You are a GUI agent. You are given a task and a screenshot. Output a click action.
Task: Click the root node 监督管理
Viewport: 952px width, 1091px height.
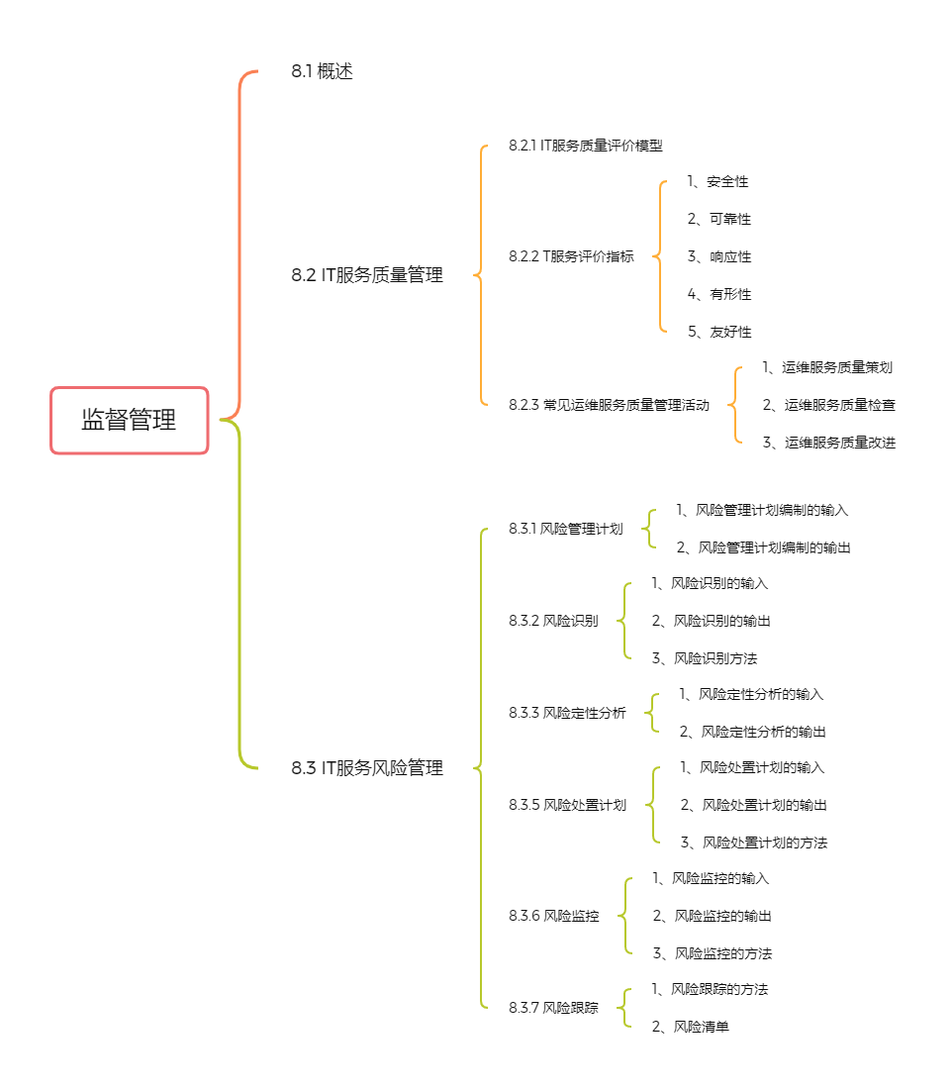tap(130, 420)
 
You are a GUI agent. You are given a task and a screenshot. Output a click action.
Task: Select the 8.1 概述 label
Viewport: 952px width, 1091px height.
tap(322, 71)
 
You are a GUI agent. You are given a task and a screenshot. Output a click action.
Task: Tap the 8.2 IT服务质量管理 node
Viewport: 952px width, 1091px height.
tap(367, 275)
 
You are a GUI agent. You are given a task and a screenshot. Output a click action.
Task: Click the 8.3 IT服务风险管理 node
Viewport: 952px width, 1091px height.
tap(367, 767)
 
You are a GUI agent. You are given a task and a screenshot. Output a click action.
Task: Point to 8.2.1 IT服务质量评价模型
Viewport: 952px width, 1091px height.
tap(586, 146)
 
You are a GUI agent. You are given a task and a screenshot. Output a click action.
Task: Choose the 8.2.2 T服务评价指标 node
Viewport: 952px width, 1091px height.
tap(571, 256)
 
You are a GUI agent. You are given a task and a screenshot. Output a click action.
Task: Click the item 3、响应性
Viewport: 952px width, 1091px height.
tap(719, 256)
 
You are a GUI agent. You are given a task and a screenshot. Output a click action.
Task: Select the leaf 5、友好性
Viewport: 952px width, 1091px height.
tap(719, 332)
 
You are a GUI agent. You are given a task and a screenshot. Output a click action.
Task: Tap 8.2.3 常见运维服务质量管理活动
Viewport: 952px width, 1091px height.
tap(609, 405)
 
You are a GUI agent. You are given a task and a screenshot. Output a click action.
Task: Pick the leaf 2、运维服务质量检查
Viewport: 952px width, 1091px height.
tap(829, 405)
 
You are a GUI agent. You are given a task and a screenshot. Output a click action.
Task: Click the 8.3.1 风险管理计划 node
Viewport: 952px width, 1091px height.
tap(565, 529)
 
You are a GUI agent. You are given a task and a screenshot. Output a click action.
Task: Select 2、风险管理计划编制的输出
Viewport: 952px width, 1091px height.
tap(764, 547)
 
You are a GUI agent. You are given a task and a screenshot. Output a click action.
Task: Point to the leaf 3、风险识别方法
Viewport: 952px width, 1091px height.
tap(705, 658)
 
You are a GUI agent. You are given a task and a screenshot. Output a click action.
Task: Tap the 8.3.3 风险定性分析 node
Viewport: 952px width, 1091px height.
tap(567, 713)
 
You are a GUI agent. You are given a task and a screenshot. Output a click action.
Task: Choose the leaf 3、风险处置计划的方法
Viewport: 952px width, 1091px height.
tap(754, 843)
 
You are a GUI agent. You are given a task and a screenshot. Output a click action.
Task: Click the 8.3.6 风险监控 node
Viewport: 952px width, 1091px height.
tap(553, 916)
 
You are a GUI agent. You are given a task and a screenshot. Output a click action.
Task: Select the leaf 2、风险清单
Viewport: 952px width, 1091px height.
tap(690, 1027)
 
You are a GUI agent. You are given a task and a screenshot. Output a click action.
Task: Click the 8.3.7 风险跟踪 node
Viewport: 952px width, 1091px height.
tap(553, 1008)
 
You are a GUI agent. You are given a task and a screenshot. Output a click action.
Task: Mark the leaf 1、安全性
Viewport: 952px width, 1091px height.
tap(717, 181)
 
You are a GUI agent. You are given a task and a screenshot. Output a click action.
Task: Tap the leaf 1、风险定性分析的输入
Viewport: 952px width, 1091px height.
tap(751, 694)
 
